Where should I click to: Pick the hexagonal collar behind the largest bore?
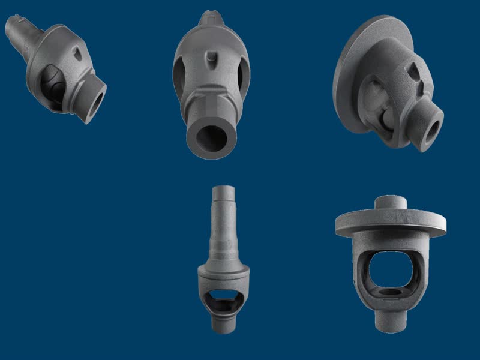[x=210, y=108]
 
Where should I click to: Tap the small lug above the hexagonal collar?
[x=211, y=61]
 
